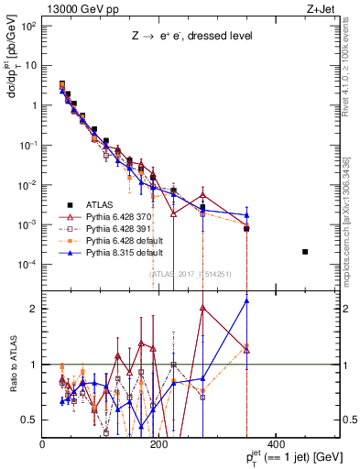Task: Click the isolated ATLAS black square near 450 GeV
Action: [305, 252]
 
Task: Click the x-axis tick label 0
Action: [42, 445]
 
